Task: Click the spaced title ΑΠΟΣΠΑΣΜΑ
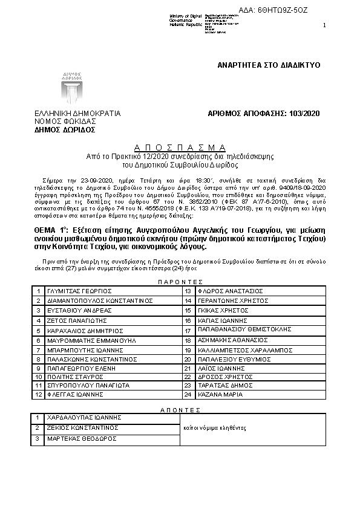point(180,148)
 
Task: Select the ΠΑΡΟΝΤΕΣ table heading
point(180,282)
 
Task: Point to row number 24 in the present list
point(188,394)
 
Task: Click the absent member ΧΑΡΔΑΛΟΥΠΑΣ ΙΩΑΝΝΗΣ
point(85,417)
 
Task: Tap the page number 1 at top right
point(324,25)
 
